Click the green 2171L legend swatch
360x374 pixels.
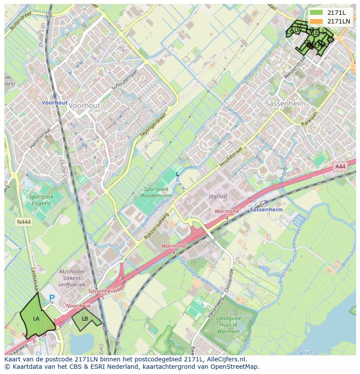pos(317,13)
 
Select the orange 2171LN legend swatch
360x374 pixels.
pos(317,21)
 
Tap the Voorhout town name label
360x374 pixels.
pos(84,106)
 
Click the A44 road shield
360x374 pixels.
pos(340,166)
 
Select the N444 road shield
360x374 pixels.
pos(24,222)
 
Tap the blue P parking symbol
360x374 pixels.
pos(52,298)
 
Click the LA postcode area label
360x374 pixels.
pos(36,319)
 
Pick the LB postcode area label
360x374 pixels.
pos(85,319)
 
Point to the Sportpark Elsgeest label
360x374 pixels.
pos(41,199)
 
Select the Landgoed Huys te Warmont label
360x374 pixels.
pos(228,324)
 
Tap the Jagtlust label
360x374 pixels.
pos(218,196)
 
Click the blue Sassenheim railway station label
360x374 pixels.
pos(267,209)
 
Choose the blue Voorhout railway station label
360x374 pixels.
pos(55,103)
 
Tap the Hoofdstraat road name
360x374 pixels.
pos(230,156)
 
